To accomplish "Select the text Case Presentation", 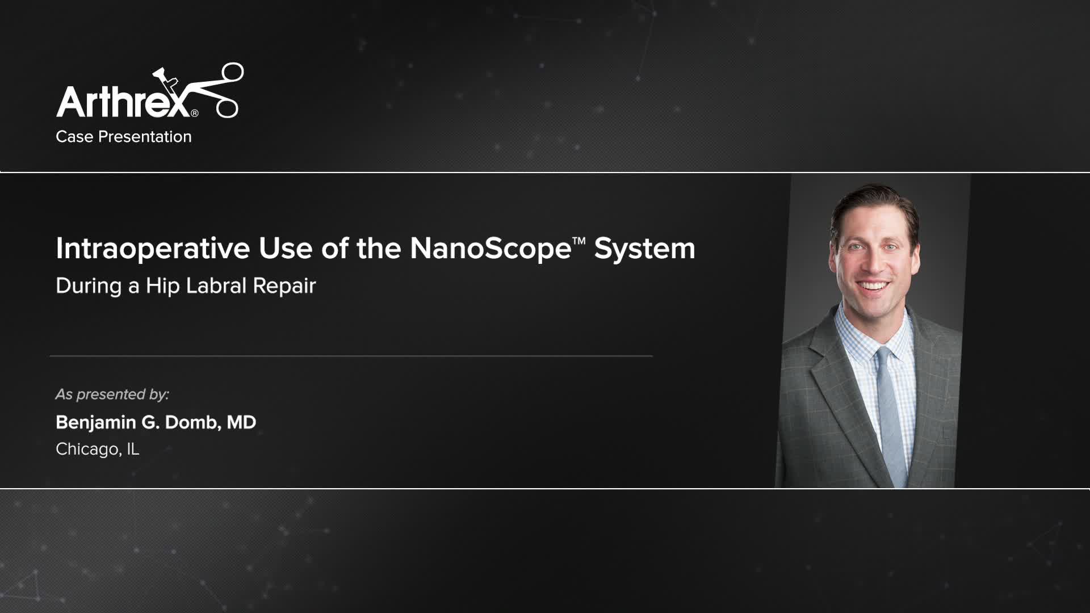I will click(x=124, y=137).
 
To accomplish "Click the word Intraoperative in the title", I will click(x=153, y=249).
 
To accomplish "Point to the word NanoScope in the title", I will click(x=490, y=249).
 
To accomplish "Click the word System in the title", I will click(x=644, y=249).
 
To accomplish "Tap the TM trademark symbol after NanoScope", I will click(x=578, y=241).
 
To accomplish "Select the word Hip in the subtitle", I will click(x=162, y=285).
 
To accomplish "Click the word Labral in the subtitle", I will click(x=216, y=285).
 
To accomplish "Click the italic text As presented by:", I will click(x=112, y=394).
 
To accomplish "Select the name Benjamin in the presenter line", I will click(x=95, y=422).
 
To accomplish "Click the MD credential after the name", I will click(x=241, y=422).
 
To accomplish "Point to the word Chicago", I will click(x=87, y=449).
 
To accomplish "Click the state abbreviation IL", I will click(x=133, y=449).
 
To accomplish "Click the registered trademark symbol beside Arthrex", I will click(x=195, y=113).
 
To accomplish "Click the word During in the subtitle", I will click(x=89, y=285).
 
